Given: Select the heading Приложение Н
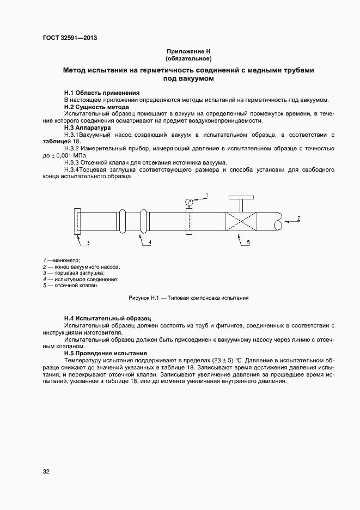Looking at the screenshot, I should point(188,51).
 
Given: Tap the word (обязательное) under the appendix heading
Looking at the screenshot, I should point(188,58).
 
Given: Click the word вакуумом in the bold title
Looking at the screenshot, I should point(194,78).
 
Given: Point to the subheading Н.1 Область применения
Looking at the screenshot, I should point(102,93).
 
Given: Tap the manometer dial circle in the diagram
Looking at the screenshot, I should point(188,202).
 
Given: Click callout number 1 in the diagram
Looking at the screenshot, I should point(207,195).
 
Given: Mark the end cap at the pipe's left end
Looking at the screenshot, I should point(76,222).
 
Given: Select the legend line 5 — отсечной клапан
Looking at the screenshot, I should point(71,286).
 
